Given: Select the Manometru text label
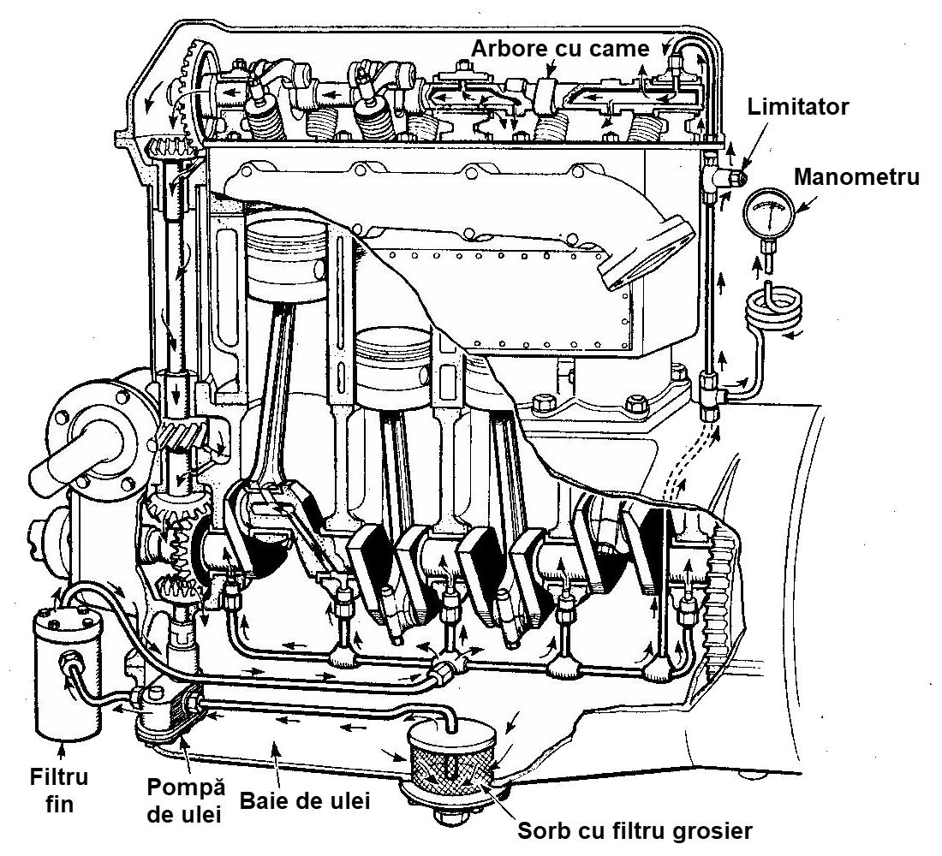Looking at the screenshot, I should tap(856, 177).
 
